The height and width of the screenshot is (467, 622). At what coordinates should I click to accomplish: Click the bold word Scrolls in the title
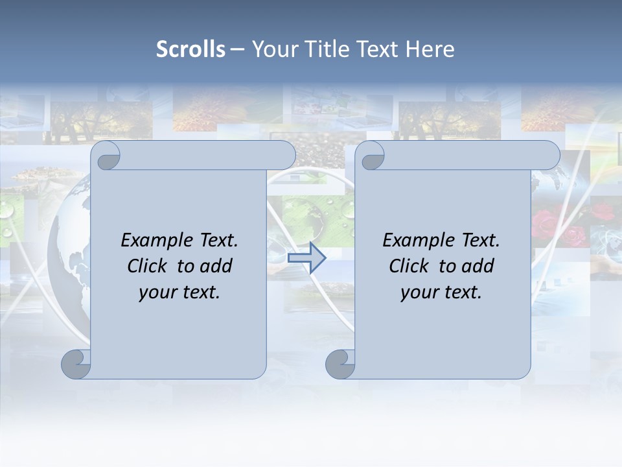coord(190,49)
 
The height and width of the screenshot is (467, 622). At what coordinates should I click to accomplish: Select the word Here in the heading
coord(430,49)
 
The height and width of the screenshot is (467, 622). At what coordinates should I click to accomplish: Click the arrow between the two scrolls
coord(306,257)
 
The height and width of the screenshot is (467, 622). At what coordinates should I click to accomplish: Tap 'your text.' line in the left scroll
coord(179,293)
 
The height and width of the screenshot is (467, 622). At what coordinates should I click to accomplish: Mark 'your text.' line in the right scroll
coord(441,293)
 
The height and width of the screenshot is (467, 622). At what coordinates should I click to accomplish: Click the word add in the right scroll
coord(478,266)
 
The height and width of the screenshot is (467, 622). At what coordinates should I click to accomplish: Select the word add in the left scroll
coord(216,266)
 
